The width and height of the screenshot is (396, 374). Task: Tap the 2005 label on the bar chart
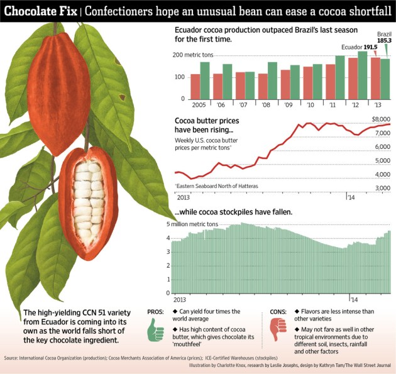click(182, 104)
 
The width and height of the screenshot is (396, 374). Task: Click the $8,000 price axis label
click(380, 119)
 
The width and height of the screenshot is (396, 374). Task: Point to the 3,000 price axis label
click(381, 188)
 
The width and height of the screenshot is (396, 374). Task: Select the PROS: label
click(156, 311)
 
